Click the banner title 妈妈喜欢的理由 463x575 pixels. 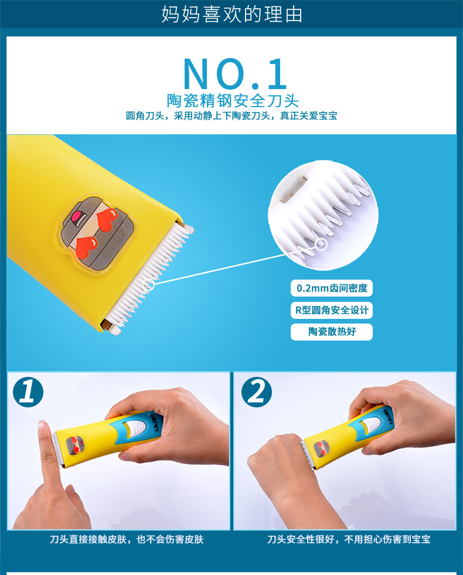(x=231, y=14)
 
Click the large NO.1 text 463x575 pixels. (x=234, y=74)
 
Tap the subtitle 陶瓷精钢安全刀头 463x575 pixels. (x=233, y=100)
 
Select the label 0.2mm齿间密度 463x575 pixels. (x=332, y=288)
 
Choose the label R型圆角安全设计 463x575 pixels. (x=332, y=310)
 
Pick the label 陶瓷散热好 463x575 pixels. (x=332, y=332)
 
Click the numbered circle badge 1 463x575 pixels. (x=28, y=392)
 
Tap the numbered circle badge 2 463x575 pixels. (x=257, y=392)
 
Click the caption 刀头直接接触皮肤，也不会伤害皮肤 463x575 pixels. (x=127, y=539)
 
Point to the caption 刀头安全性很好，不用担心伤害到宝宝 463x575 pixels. (x=349, y=539)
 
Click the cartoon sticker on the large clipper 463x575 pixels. (x=96, y=234)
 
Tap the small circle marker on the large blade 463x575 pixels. (x=149, y=285)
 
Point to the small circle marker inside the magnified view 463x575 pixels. (x=322, y=244)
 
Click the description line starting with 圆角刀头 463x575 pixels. (x=231, y=116)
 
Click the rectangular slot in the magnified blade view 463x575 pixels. (x=292, y=189)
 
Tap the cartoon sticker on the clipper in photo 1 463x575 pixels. (x=76, y=445)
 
